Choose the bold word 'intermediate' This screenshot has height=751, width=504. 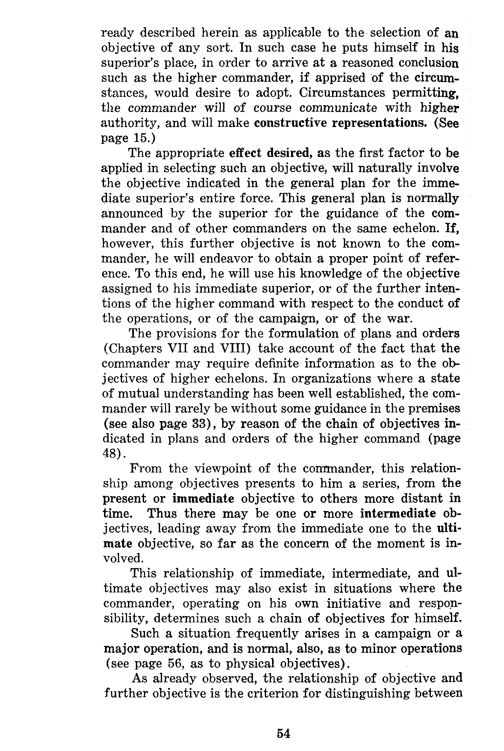[x=398, y=513]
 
